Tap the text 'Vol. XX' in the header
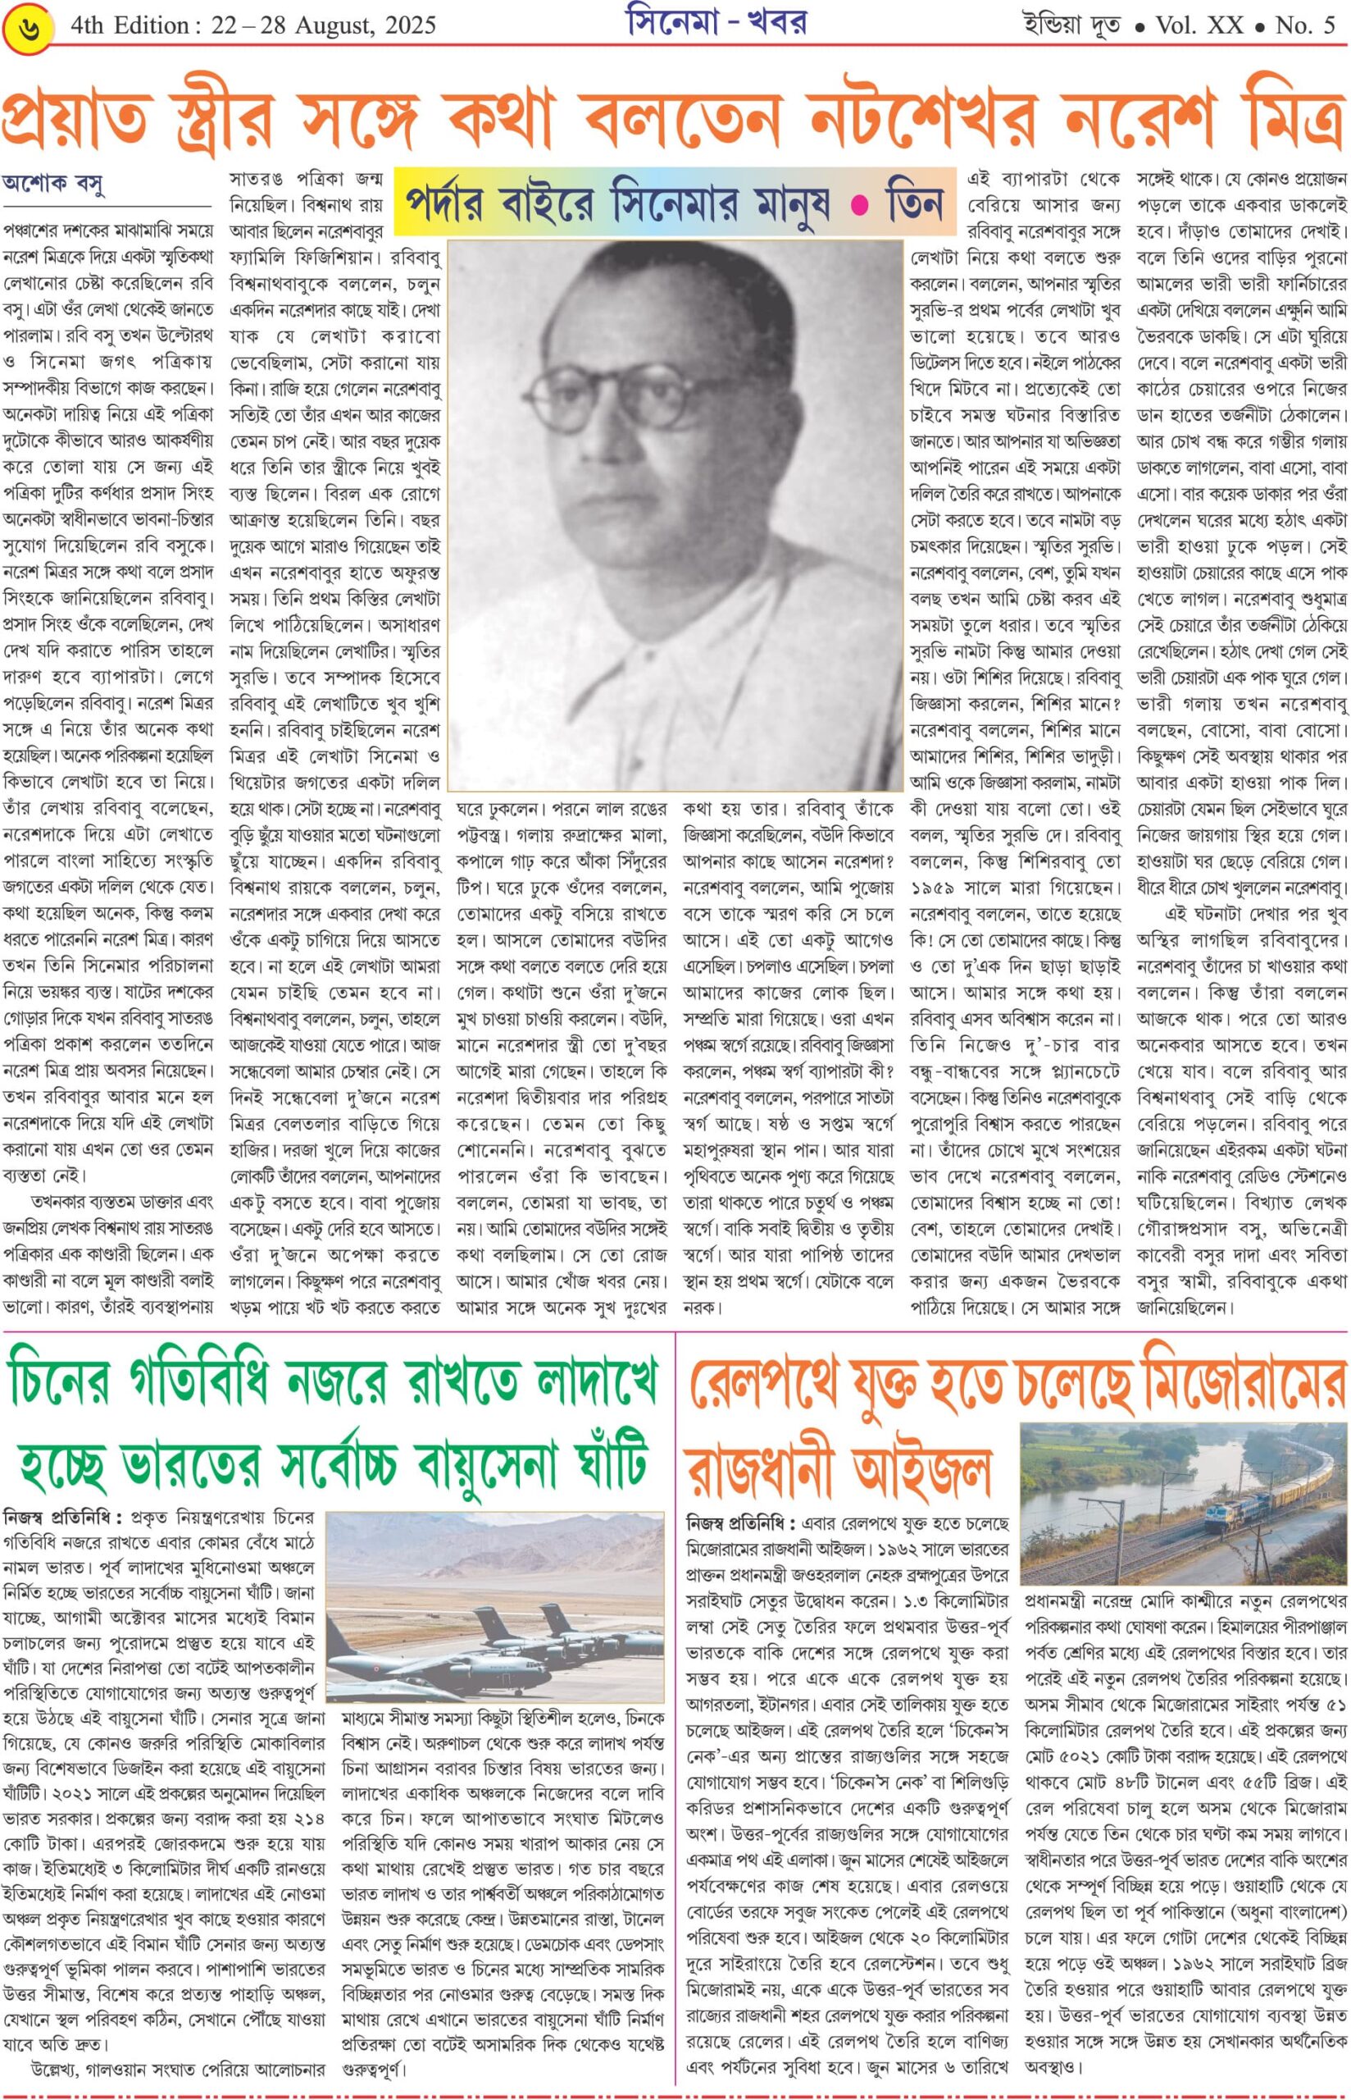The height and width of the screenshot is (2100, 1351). [x=1199, y=25]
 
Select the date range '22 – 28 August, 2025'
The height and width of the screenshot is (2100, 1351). [x=323, y=25]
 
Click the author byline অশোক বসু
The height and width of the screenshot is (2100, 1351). [x=53, y=185]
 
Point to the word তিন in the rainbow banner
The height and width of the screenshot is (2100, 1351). [x=914, y=202]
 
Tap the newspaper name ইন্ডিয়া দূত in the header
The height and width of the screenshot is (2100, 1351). [x=1071, y=25]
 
